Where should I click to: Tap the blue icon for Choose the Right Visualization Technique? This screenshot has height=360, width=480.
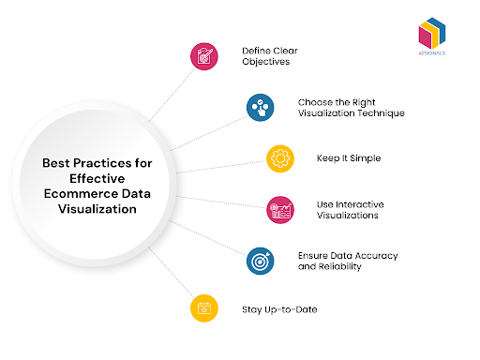point(261,108)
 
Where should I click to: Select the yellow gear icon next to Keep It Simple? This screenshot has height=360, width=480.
point(279,157)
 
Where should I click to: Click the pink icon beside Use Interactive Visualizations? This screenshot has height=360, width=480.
point(279,209)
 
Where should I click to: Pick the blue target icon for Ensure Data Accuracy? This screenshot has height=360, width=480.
point(260,261)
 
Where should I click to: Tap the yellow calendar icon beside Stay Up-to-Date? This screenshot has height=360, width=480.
point(203,307)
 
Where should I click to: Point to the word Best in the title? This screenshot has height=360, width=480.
point(57,162)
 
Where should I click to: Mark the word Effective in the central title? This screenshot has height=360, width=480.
point(97,179)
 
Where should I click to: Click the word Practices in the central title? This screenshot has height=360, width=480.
point(105,162)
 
